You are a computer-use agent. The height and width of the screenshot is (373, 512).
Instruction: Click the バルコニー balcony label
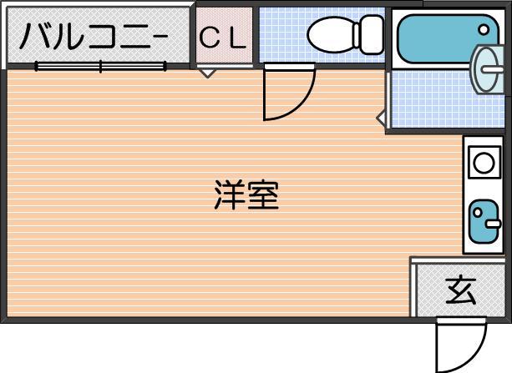(x=94, y=36)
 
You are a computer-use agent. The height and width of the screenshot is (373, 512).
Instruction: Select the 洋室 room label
(x=247, y=195)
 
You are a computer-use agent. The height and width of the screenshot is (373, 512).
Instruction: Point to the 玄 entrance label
(x=461, y=290)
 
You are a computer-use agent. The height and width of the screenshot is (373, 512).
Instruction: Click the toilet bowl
(x=332, y=35)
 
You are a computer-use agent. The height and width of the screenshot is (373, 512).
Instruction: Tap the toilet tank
(x=372, y=34)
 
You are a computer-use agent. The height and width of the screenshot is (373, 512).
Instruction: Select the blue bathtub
(x=448, y=39)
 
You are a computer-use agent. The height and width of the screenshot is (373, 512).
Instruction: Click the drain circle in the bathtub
(x=484, y=30)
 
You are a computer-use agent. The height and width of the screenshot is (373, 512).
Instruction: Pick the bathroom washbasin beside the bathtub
(x=488, y=69)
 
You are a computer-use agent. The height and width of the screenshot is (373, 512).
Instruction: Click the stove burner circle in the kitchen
(x=484, y=163)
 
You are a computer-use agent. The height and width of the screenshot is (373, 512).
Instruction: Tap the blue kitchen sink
(x=484, y=221)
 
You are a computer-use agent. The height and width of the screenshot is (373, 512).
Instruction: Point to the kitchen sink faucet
(x=493, y=224)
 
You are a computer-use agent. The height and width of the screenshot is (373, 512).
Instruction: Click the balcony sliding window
(x=100, y=67)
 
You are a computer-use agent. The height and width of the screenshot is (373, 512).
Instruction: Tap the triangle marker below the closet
(x=207, y=73)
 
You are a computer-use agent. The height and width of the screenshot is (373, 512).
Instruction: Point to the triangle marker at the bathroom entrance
(x=382, y=118)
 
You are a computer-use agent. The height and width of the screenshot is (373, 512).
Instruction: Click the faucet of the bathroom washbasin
(x=493, y=69)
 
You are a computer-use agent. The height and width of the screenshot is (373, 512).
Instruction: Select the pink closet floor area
(x=225, y=35)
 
